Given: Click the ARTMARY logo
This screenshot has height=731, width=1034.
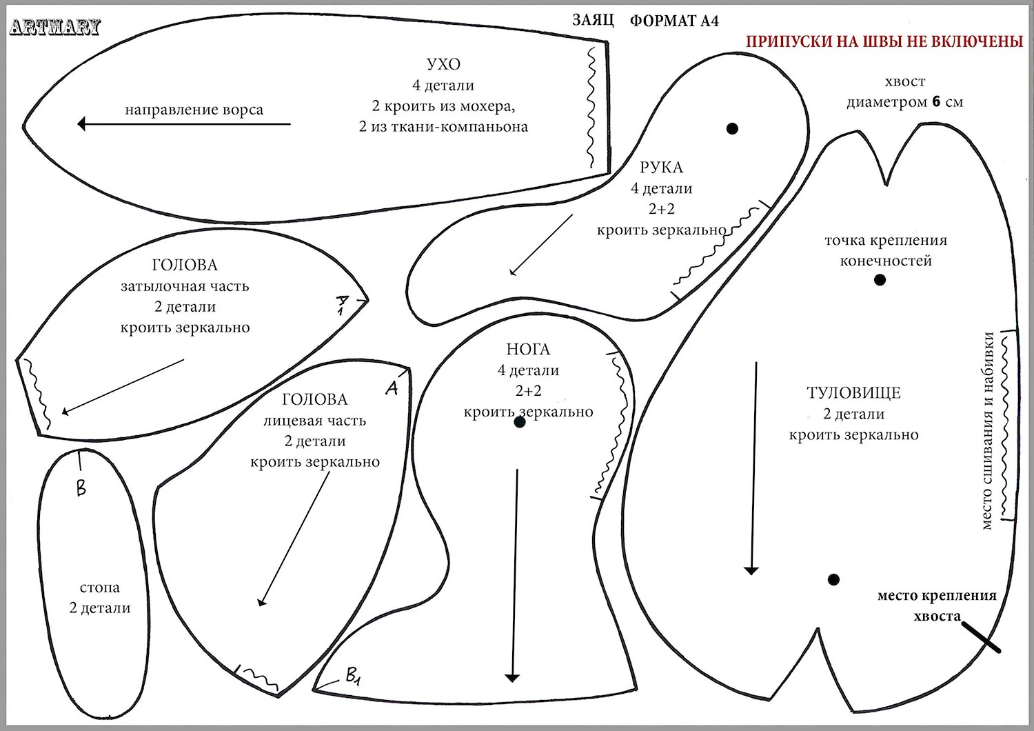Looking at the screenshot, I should click(x=55, y=27).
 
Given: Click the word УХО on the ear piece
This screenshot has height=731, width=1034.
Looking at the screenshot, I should click(x=443, y=64).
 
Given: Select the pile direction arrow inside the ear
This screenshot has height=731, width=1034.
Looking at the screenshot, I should click(x=183, y=124).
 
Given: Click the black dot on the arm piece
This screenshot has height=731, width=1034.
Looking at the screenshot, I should click(x=732, y=128).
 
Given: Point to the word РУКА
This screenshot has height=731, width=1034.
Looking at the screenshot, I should click(x=661, y=168).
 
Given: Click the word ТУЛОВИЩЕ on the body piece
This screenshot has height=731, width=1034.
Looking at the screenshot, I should click(x=853, y=393).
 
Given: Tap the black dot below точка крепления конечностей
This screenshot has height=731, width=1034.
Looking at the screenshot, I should click(x=880, y=280).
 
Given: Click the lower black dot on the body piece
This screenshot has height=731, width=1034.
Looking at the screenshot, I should click(x=833, y=579).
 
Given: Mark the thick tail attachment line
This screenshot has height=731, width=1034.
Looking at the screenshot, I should click(x=980, y=637).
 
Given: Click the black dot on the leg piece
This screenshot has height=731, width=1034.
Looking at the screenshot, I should click(x=520, y=422).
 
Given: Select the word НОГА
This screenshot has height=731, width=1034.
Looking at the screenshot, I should click(x=528, y=350).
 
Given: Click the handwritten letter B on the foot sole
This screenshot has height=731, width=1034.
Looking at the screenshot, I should click(x=81, y=488).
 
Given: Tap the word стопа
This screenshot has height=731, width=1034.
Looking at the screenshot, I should click(x=100, y=588).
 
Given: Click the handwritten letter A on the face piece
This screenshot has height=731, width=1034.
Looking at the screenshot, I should click(x=392, y=389).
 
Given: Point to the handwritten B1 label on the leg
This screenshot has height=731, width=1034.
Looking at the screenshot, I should click(x=353, y=677).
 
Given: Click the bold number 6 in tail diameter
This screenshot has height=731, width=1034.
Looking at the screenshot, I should click(x=935, y=102).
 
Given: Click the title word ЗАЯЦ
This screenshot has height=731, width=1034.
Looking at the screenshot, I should click(x=592, y=20).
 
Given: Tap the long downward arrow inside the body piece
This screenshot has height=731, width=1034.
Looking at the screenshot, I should click(x=752, y=469).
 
